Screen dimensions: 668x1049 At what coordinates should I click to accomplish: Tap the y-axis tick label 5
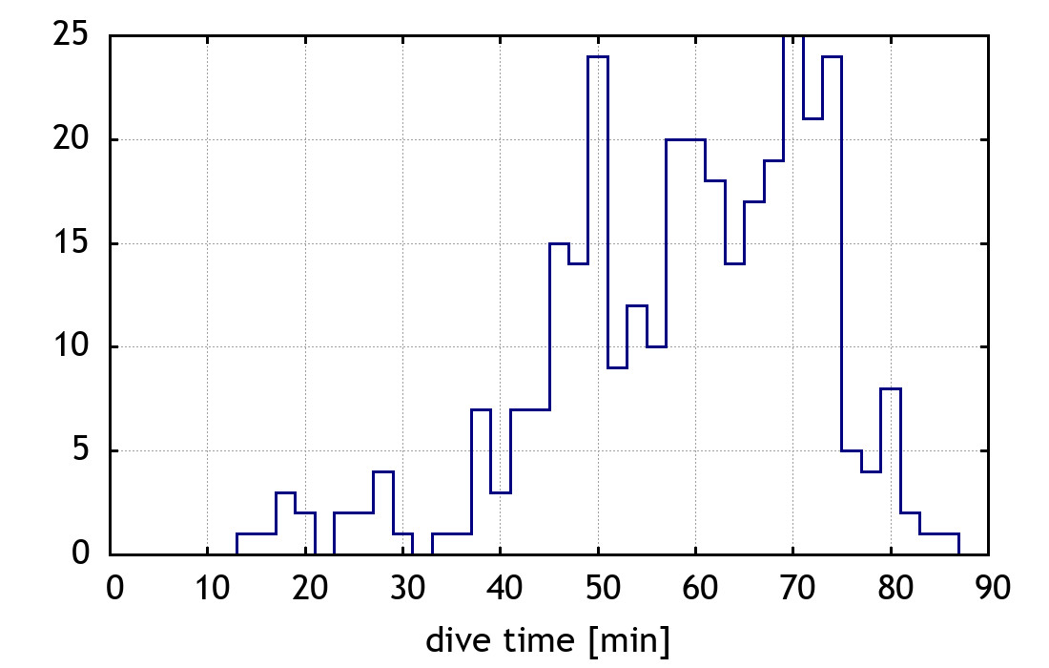(80, 450)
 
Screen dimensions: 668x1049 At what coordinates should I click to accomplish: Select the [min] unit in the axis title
(628, 640)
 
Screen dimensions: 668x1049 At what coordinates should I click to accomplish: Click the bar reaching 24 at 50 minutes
(598, 305)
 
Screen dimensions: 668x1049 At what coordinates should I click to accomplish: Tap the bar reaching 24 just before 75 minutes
(832, 305)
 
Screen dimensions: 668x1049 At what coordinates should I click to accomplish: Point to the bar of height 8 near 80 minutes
(891, 471)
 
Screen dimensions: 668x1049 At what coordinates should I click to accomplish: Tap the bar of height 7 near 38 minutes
(481, 482)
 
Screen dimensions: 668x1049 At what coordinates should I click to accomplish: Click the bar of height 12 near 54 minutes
(637, 429)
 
